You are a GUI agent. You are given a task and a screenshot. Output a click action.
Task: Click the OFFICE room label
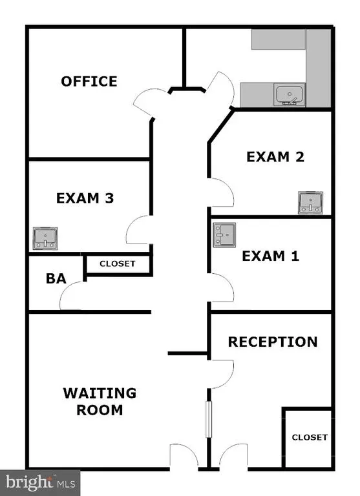coord(89,81)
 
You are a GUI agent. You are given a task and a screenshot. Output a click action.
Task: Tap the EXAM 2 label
coord(275,157)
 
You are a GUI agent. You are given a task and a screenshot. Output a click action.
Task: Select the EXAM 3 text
coord(85,198)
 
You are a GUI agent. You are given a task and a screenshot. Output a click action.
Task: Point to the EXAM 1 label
coord(270,256)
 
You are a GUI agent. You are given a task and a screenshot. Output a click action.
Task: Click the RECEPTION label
coord(273,342)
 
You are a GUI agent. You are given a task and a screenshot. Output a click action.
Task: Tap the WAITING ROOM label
coord(100,402)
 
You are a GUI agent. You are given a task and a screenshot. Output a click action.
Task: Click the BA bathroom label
coord(56,278)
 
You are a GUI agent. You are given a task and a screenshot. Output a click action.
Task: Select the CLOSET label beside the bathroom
coord(118,263)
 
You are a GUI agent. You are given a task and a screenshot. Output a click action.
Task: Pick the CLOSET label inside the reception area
coord(310,437)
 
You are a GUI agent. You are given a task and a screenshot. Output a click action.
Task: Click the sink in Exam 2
coord(311,202)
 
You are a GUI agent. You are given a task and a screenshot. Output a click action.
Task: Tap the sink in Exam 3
coord(45,238)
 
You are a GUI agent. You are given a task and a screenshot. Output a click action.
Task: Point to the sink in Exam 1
coord(224,234)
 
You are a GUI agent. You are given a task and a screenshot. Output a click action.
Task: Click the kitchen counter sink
coord(289,94)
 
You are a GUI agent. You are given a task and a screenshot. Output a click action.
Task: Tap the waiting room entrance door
coord(184,455)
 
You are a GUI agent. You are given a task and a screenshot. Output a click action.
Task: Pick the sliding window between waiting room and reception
coord(209,419)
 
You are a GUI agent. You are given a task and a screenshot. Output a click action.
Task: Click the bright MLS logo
coord(40,483)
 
